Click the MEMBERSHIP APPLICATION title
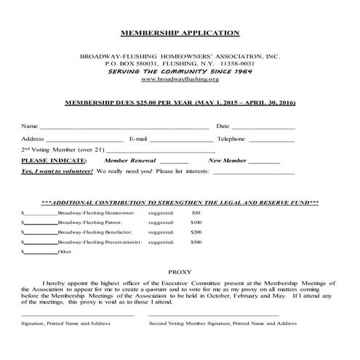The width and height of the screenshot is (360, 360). [x=179, y=33]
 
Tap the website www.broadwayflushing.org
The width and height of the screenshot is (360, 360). [x=179, y=80]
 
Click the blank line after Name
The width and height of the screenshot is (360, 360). [x=124, y=128]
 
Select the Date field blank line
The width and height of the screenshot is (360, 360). [x=265, y=128]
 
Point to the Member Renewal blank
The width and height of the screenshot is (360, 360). [x=173, y=162]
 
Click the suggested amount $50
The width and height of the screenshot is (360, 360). [x=196, y=212]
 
